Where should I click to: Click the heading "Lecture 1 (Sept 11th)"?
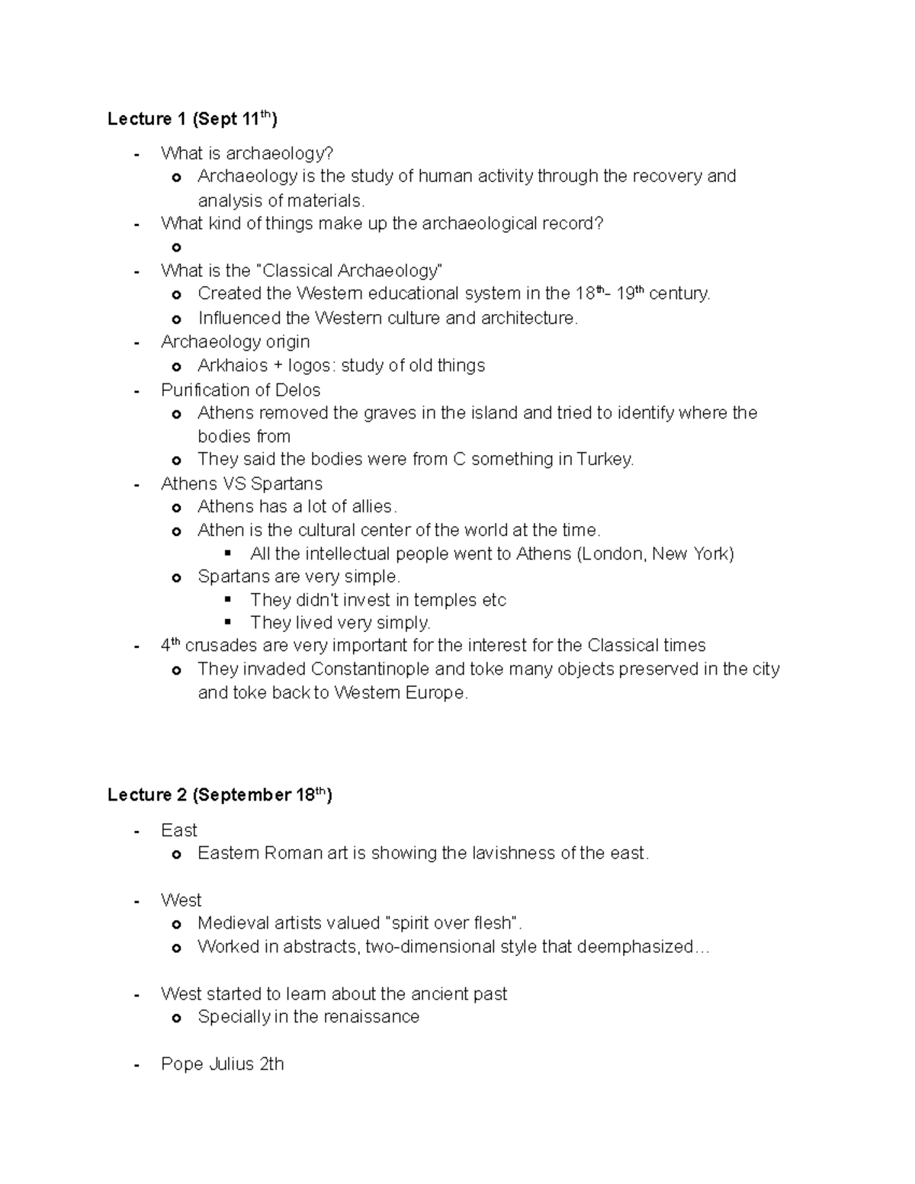click(x=192, y=119)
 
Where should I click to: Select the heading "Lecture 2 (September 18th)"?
click(x=220, y=795)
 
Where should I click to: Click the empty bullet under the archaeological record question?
click(x=177, y=248)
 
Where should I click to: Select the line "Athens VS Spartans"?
click(x=241, y=484)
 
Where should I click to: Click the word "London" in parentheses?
click(x=612, y=554)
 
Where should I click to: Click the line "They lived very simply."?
click(x=340, y=623)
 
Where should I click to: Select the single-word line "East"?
click(x=178, y=830)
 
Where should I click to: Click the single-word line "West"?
click(x=181, y=900)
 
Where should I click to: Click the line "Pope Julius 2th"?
click(x=222, y=1064)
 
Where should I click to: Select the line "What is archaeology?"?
click(x=247, y=154)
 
